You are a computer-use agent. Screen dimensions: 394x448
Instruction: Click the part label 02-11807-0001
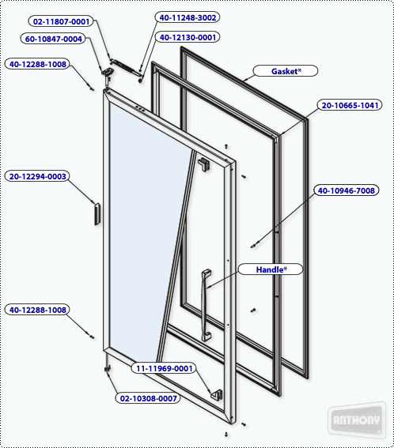(61, 21)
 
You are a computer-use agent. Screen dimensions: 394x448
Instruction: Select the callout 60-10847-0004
(53, 39)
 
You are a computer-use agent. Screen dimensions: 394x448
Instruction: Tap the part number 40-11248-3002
(188, 17)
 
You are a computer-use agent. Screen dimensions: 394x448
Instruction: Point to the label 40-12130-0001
(188, 37)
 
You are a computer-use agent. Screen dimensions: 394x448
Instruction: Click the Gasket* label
(286, 71)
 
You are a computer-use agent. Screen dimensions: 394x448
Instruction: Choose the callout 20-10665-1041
(350, 105)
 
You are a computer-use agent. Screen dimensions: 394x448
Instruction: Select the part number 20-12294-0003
(37, 176)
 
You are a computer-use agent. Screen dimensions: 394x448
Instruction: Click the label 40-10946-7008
(347, 190)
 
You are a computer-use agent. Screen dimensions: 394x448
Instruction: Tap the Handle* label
(271, 269)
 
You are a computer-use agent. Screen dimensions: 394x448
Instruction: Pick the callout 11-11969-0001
(164, 368)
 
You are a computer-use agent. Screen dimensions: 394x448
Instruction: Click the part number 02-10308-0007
(148, 398)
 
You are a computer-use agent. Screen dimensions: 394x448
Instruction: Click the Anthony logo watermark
(357, 420)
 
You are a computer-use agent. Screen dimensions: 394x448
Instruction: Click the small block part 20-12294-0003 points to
(97, 214)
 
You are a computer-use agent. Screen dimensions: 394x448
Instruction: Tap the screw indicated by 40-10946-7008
(253, 246)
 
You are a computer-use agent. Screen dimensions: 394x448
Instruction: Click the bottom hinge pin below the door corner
(108, 369)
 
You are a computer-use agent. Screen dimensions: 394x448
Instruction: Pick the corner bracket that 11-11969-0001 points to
(217, 394)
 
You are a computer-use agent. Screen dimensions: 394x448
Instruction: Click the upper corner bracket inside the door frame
(203, 165)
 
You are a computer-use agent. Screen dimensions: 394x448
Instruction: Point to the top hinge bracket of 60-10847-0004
(108, 72)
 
